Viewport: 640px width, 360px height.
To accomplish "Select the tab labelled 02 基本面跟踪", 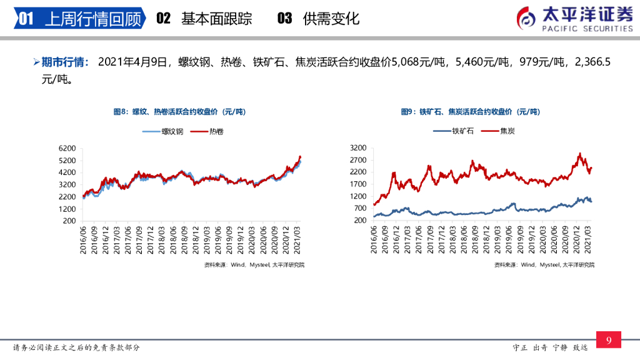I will click(x=204, y=18).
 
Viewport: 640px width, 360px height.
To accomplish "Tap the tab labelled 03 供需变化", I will click(x=318, y=18).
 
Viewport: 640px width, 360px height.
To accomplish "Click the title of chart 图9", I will click(x=470, y=112).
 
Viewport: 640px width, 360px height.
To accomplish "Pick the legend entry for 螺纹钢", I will click(x=163, y=132).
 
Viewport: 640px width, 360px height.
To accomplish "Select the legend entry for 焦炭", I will click(x=498, y=131).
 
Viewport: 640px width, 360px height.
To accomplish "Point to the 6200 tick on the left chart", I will click(x=67, y=149).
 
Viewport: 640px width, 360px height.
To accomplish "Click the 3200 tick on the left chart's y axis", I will click(x=67, y=185).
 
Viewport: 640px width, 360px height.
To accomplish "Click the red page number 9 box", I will click(x=608, y=340).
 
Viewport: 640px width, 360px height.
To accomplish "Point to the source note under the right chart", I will click(x=544, y=265).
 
